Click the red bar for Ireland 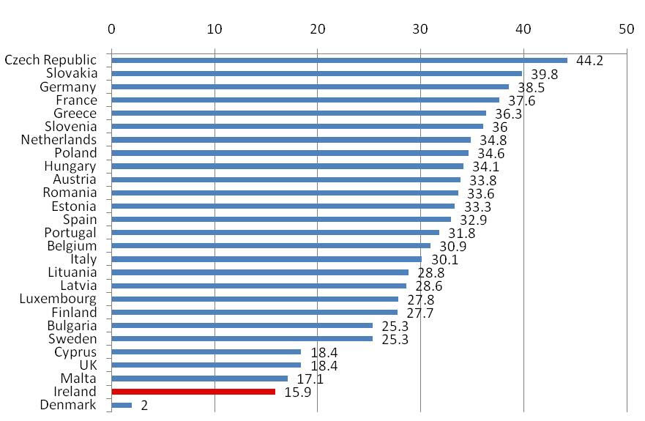tap(193, 392)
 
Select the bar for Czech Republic tap(339, 60)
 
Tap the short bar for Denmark tap(122, 405)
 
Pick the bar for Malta tap(199, 379)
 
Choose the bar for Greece tap(299, 113)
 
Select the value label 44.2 tap(589, 61)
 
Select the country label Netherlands tap(59, 139)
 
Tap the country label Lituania tap(70, 272)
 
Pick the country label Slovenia tap(72, 126)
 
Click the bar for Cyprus tap(206, 352)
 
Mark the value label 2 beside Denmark tap(144, 406)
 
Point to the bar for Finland tap(254, 312)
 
